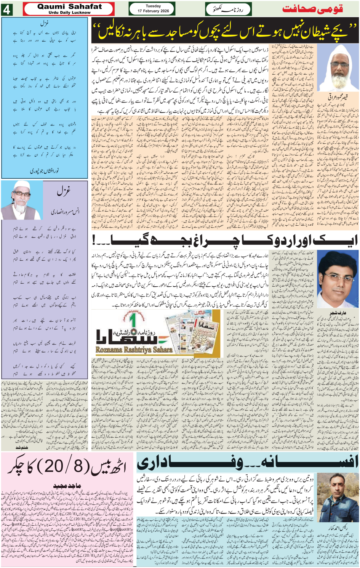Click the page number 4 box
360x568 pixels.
(6, 9)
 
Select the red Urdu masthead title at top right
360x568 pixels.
(312, 9)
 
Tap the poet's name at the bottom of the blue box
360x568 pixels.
(45, 171)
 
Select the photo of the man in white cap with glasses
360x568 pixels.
(17, 199)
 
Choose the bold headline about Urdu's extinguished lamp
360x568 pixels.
(225, 240)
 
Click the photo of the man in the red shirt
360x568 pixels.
(337, 281)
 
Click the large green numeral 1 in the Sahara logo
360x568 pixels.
(133, 321)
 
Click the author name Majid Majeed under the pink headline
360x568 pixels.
(67, 486)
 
